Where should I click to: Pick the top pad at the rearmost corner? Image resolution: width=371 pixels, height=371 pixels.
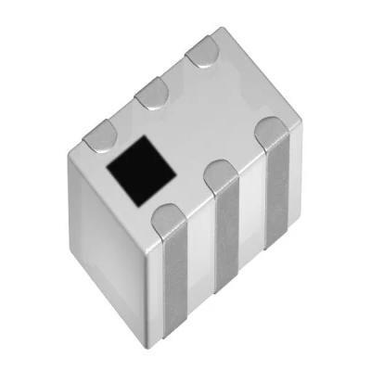[x=204, y=51]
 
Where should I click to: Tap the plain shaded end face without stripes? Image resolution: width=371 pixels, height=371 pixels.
[x=107, y=250]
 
